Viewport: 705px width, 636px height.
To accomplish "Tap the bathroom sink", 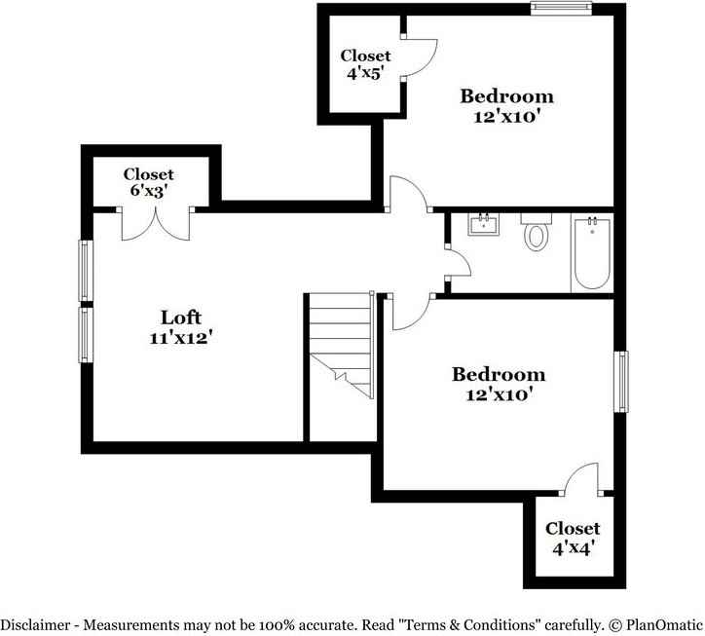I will click(x=484, y=226).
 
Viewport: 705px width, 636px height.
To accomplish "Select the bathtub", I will click(x=591, y=253).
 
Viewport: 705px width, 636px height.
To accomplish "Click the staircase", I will click(x=341, y=346).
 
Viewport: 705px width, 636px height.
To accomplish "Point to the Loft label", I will click(x=181, y=317).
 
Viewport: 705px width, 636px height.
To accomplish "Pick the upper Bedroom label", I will click(x=506, y=95).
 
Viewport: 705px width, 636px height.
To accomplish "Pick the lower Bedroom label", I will click(x=498, y=374).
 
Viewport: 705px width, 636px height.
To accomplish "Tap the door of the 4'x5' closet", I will click(x=420, y=58).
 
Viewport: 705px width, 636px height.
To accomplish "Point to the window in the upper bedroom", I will click(x=561, y=8).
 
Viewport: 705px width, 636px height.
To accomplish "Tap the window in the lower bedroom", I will click(x=619, y=382).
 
